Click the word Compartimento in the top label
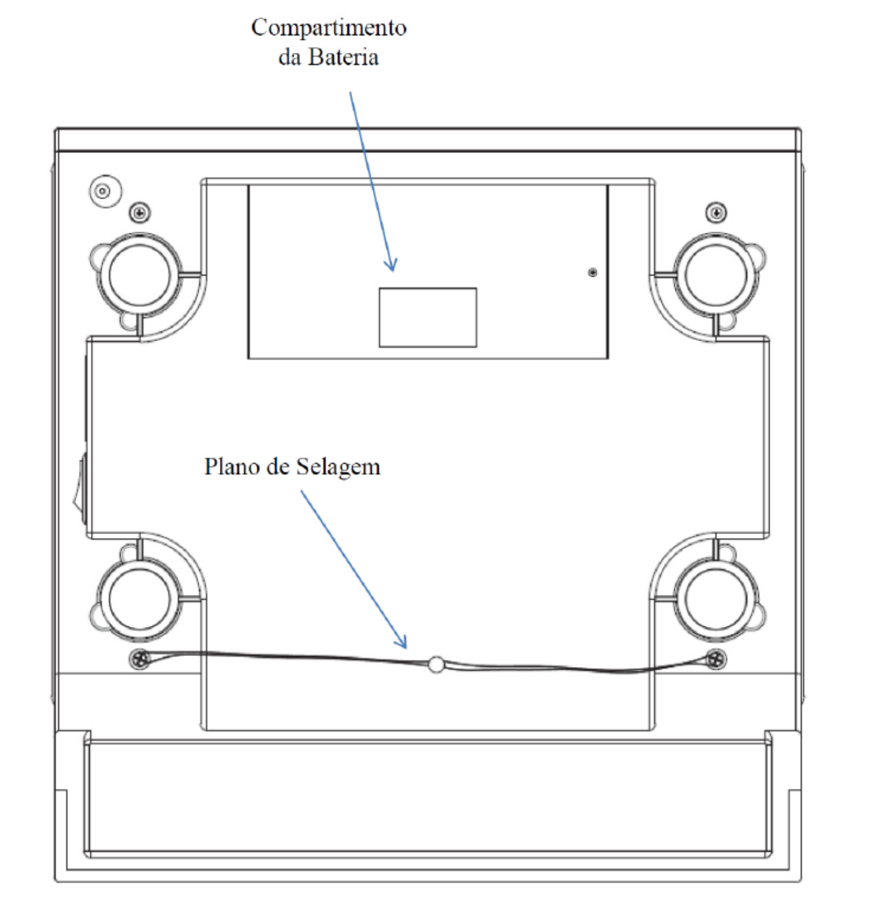tap(328, 28)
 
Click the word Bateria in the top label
tap(343, 57)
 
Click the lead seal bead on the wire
tap(435, 664)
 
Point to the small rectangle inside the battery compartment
tap(428, 318)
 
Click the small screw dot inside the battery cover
tap(593, 272)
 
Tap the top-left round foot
tap(139, 275)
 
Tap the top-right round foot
tap(716, 275)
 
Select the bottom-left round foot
tap(139, 599)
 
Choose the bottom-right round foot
tap(716, 599)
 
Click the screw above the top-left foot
tap(140, 213)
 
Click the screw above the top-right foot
tap(716, 213)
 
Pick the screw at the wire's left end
tap(140, 659)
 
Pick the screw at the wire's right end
tap(716, 659)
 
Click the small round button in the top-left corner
tap(105, 191)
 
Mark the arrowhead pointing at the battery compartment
tap(392, 266)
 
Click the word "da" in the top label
tap(289, 57)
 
